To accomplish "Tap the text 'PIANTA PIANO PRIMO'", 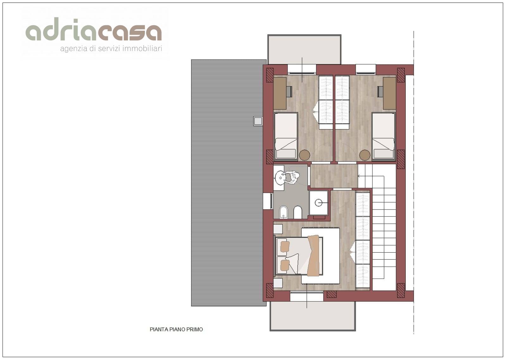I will [176, 329].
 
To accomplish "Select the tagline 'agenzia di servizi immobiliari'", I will [111, 48].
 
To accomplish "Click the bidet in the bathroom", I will [284, 212].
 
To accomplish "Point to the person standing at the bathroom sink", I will [292, 178].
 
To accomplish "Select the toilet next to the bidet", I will [298, 212].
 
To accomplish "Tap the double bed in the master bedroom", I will [299, 256].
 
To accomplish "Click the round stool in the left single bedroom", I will [304, 155].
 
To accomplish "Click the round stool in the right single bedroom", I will [365, 155].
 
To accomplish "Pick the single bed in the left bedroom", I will [286, 136].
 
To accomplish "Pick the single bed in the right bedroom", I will [384, 136].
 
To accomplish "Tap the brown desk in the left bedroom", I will [280, 93].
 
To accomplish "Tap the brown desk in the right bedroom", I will [389, 93].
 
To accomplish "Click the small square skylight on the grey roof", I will [258, 121].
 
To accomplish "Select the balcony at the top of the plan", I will [304, 49].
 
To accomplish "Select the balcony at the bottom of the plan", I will [312, 316].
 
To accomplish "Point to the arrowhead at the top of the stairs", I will [359, 176].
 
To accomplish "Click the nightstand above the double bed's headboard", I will [278, 229].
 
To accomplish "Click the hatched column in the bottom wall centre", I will [331, 294].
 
